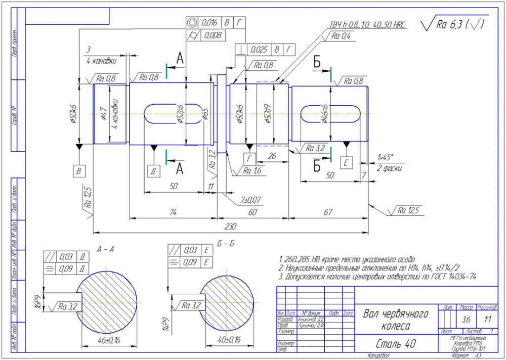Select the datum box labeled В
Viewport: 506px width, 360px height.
tap(79, 171)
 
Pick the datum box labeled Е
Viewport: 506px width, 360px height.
tap(347, 162)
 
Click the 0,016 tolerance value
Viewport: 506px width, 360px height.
tap(209, 23)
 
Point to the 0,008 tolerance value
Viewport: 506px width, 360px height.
tap(212, 35)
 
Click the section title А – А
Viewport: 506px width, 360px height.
tap(105, 248)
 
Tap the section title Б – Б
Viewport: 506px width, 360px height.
tap(225, 244)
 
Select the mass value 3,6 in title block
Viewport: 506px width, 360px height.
tap(466, 320)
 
